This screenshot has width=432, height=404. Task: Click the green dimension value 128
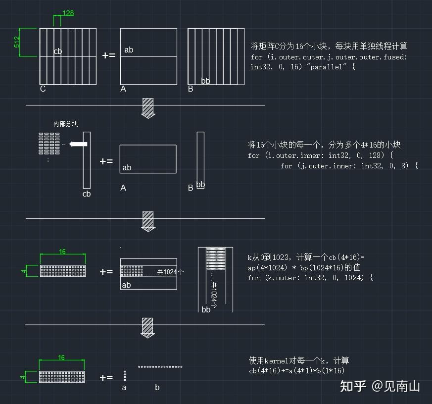(x=68, y=13)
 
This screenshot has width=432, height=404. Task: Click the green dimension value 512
(x=17, y=42)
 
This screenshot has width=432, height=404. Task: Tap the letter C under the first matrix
(x=43, y=89)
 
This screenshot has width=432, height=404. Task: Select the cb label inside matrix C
(x=58, y=51)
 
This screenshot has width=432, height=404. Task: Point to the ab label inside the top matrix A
(x=129, y=50)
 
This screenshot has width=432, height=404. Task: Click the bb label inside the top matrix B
(x=205, y=81)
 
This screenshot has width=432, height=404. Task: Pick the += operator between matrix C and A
(x=108, y=55)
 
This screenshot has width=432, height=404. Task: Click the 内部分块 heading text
(x=66, y=124)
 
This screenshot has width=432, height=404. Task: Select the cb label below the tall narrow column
(x=87, y=194)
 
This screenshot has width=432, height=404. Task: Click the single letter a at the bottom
(x=124, y=388)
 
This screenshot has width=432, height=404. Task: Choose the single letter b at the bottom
(x=157, y=388)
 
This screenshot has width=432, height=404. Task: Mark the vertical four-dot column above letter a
(x=125, y=375)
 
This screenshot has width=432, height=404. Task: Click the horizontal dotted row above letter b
(x=160, y=367)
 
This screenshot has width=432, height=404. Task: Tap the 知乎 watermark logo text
(x=353, y=386)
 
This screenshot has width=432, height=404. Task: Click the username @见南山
(x=396, y=386)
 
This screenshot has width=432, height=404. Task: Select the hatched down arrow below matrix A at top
(x=148, y=107)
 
